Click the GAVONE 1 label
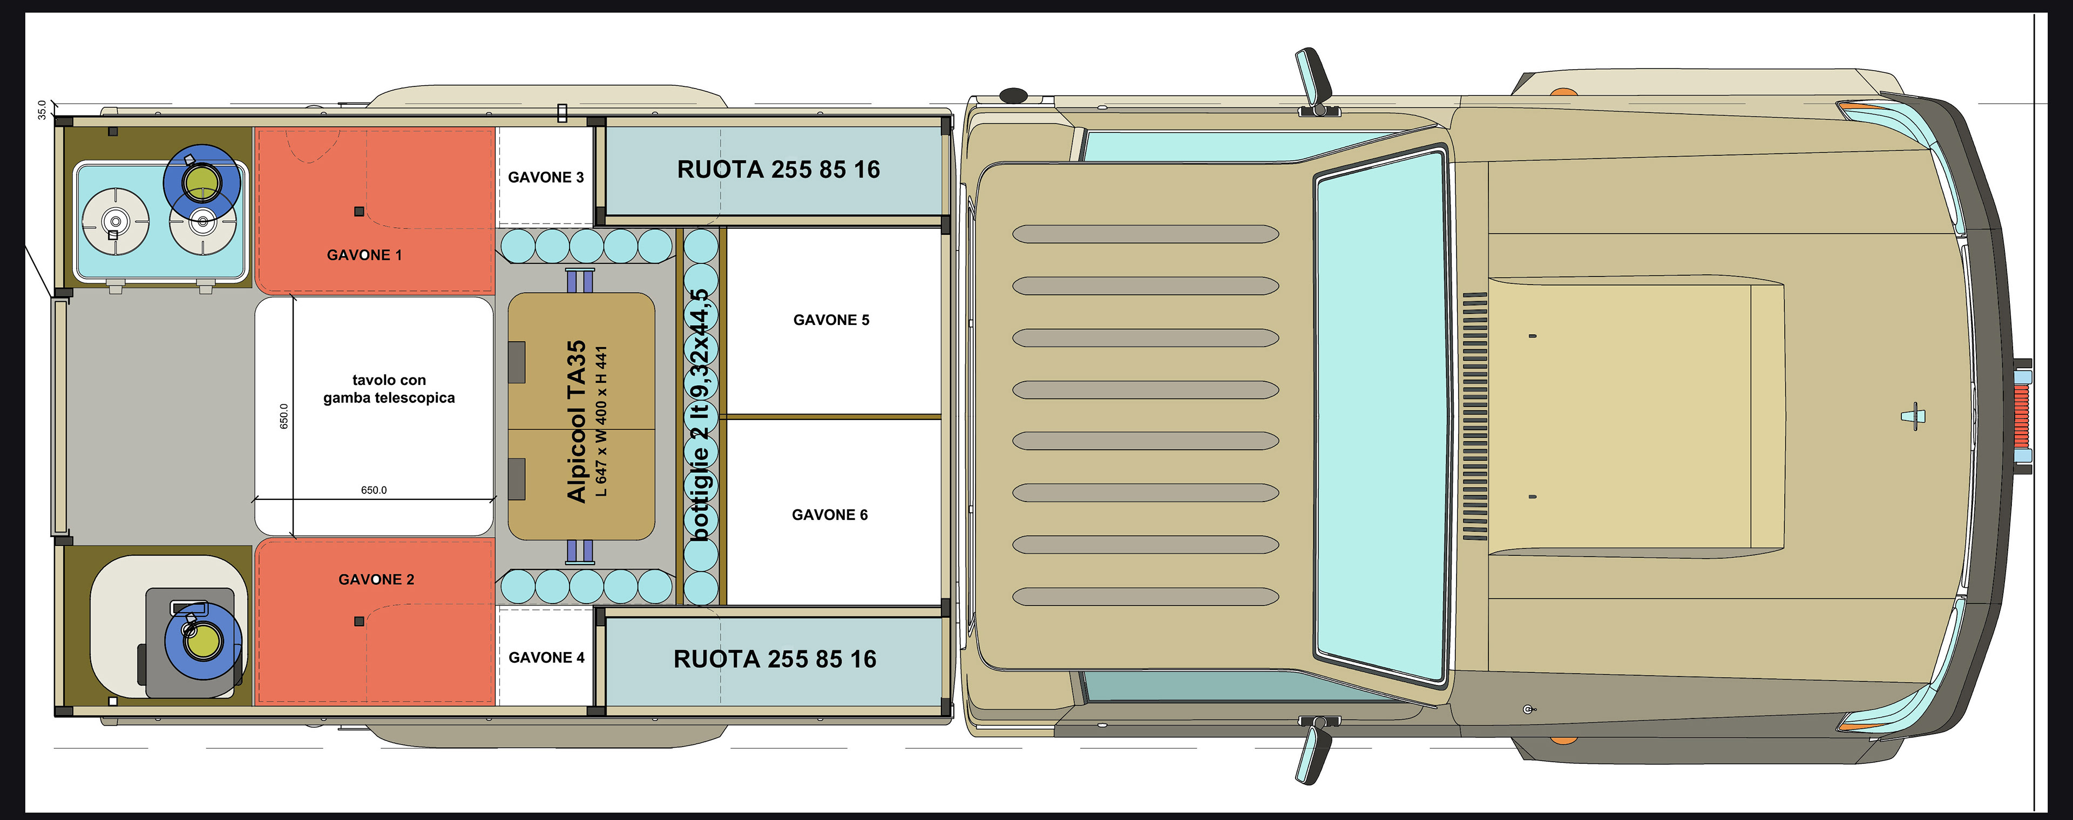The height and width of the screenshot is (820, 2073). click(364, 255)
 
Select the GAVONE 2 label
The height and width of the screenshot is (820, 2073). click(376, 579)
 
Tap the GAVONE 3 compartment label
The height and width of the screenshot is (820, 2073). click(546, 177)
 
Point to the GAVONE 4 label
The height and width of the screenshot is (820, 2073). click(546, 658)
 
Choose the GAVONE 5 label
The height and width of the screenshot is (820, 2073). click(831, 320)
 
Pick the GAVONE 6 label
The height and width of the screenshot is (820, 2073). click(830, 515)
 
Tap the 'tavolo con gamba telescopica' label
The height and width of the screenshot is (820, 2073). click(389, 389)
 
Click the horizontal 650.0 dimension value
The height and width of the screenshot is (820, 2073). click(374, 490)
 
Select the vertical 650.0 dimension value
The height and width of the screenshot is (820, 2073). click(283, 416)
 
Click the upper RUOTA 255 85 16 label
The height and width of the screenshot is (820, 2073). click(778, 170)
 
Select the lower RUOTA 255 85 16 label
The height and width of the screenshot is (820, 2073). click(774, 659)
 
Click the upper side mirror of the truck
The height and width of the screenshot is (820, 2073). click(1313, 77)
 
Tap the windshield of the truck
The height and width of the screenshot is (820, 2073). click(1381, 415)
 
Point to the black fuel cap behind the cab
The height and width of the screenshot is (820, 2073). click(1013, 96)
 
